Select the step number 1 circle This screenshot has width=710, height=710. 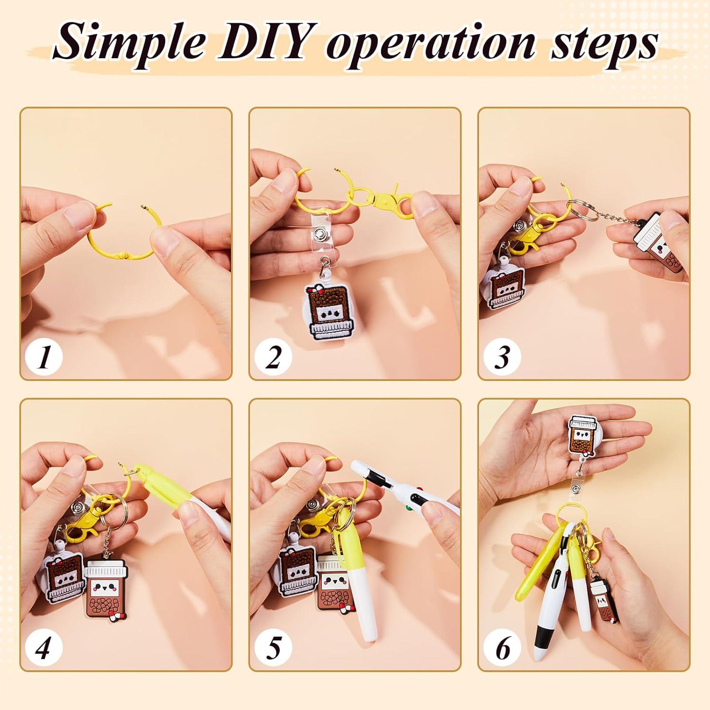(44, 356)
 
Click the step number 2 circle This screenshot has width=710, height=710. (273, 356)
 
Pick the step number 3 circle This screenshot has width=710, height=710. (502, 356)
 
